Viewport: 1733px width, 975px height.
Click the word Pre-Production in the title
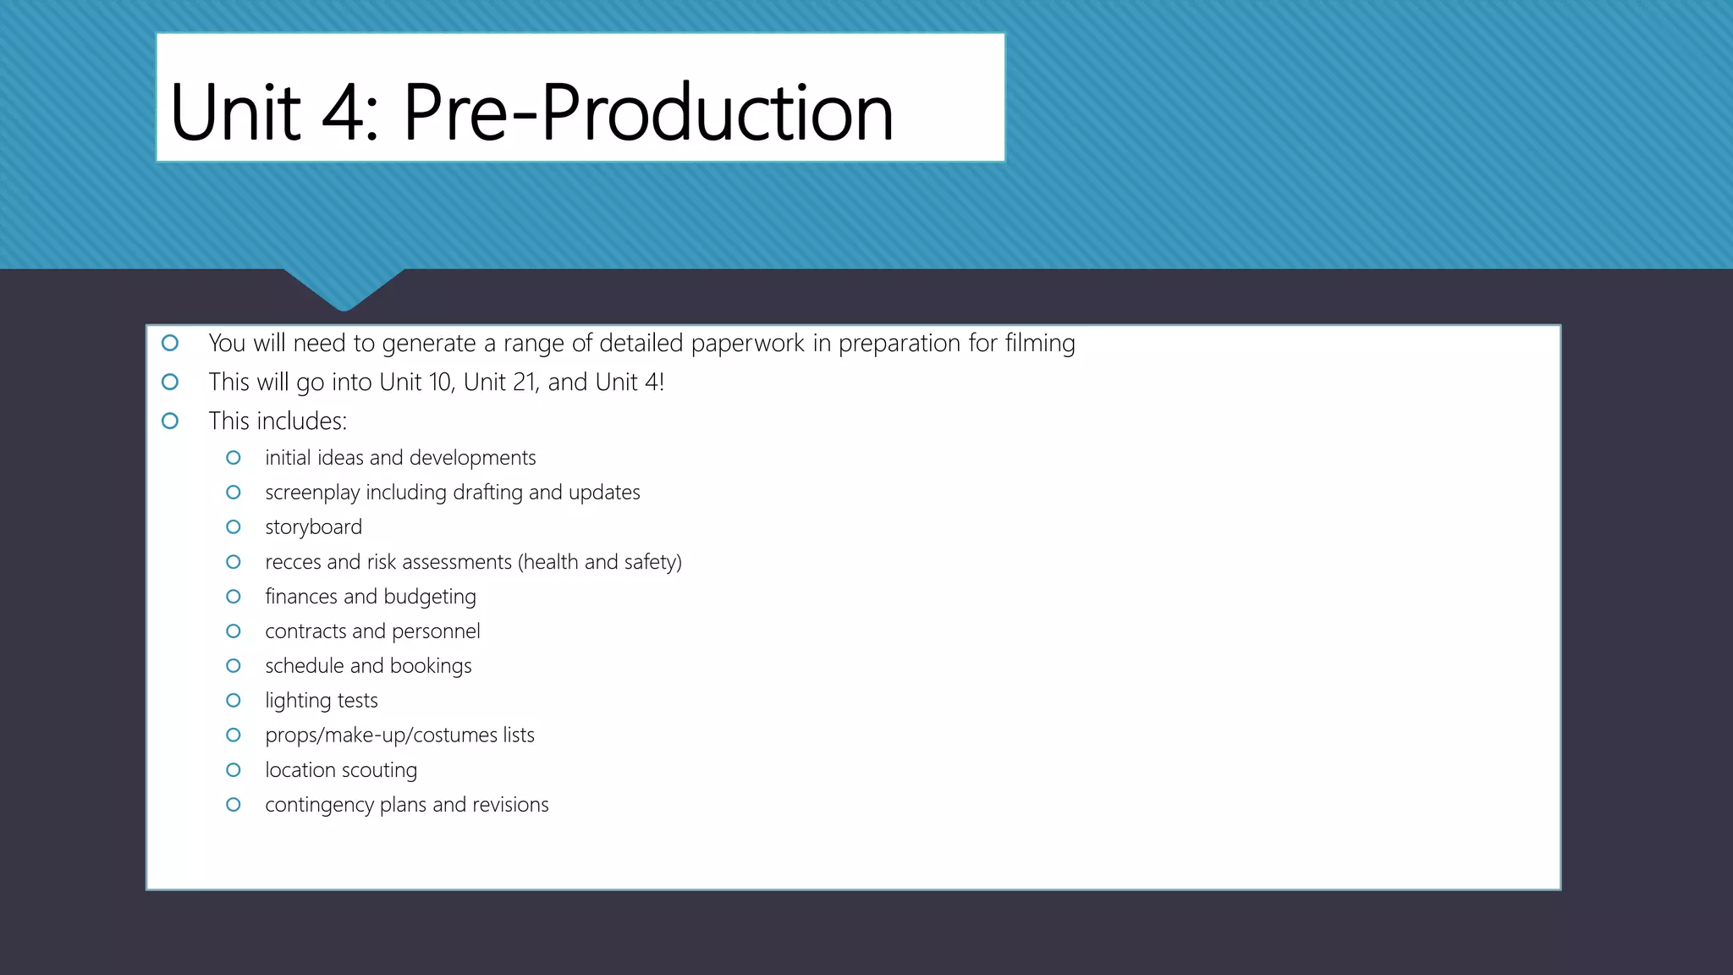click(648, 113)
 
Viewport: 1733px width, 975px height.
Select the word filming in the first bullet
click(1039, 344)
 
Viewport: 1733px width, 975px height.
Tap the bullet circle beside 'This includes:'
click(170, 421)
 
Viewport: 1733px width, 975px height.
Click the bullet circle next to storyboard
click(234, 527)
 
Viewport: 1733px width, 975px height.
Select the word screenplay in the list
click(312, 493)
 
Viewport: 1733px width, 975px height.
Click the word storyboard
click(313, 527)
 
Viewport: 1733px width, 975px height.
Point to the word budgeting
click(430, 598)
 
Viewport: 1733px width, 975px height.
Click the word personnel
click(436, 631)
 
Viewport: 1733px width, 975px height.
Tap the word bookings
click(431, 666)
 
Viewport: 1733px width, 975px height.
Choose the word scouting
click(380, 771)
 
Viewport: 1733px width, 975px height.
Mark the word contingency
click(319, 806)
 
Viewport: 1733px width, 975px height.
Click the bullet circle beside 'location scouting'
click(234, 770)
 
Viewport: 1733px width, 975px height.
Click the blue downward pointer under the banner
click(344, 288)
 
